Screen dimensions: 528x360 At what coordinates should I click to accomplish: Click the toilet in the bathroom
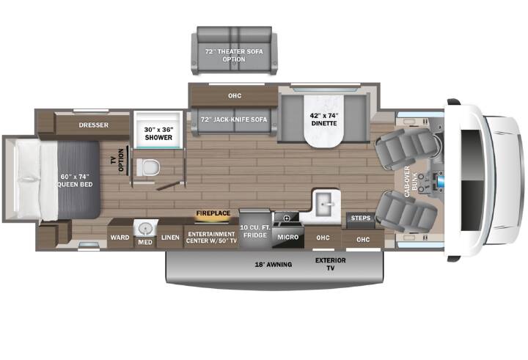tap(148, 167)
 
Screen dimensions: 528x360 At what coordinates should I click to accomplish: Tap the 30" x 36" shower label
tap(158, 133)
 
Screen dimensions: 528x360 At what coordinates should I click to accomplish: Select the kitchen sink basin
tap(325, 204)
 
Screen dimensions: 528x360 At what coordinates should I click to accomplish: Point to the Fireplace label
tap(213, 213)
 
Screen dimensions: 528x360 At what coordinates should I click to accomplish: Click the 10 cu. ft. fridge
tap(255, 229)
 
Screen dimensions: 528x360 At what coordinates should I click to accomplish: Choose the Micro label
tap(288, 237)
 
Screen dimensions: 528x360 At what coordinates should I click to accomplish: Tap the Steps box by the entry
tap(360, 218)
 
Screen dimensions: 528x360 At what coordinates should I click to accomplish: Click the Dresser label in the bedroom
tap(94, 125)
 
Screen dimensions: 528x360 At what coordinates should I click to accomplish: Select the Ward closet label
tap(120, 238)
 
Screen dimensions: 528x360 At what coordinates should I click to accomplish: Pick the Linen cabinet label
tap(170, 238)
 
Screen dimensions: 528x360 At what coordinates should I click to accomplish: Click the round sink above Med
tap(145, 229)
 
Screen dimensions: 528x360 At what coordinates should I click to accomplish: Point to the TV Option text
tap(117, 160)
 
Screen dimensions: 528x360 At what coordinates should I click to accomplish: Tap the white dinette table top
tap(324, 121)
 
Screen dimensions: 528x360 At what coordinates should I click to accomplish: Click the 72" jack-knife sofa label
tap(234, 120)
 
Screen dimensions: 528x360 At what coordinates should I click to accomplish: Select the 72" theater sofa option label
tap(234, 55)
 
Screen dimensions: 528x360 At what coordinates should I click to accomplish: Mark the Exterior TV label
tap(330, 264)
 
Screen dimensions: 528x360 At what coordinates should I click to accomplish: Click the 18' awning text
tap(273, 265)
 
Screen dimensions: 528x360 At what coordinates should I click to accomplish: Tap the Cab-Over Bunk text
tap(411, 181)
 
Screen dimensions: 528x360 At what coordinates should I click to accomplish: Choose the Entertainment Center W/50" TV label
tap(211, 238)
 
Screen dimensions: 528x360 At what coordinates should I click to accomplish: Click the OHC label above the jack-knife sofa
tap(235, 95)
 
